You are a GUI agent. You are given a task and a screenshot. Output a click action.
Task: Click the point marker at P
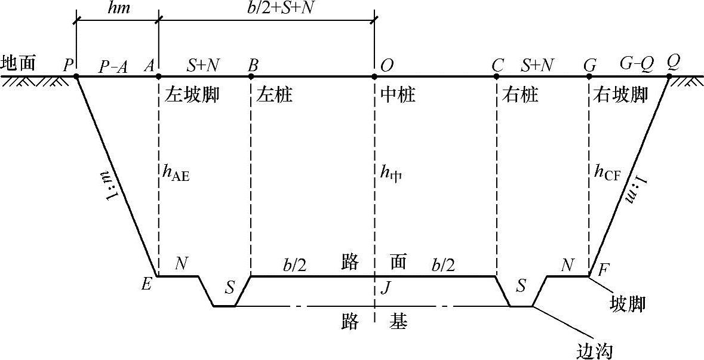tap(76, 76)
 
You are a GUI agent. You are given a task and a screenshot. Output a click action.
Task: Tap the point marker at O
tap(374, 76)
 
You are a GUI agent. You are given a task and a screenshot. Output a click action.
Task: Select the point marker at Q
tap(669, 76)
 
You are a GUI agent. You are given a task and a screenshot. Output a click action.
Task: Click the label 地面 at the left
tap(19, 62)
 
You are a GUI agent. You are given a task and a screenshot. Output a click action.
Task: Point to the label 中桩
tap(397, 95)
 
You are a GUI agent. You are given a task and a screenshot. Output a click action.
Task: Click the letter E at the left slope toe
tap(147, 285)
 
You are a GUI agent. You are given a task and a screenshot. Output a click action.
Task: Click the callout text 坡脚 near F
tap(628, 303)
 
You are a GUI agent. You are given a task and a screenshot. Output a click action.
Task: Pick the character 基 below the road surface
tap(399, 322)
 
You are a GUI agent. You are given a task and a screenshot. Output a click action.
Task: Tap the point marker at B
tap(251, 76)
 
